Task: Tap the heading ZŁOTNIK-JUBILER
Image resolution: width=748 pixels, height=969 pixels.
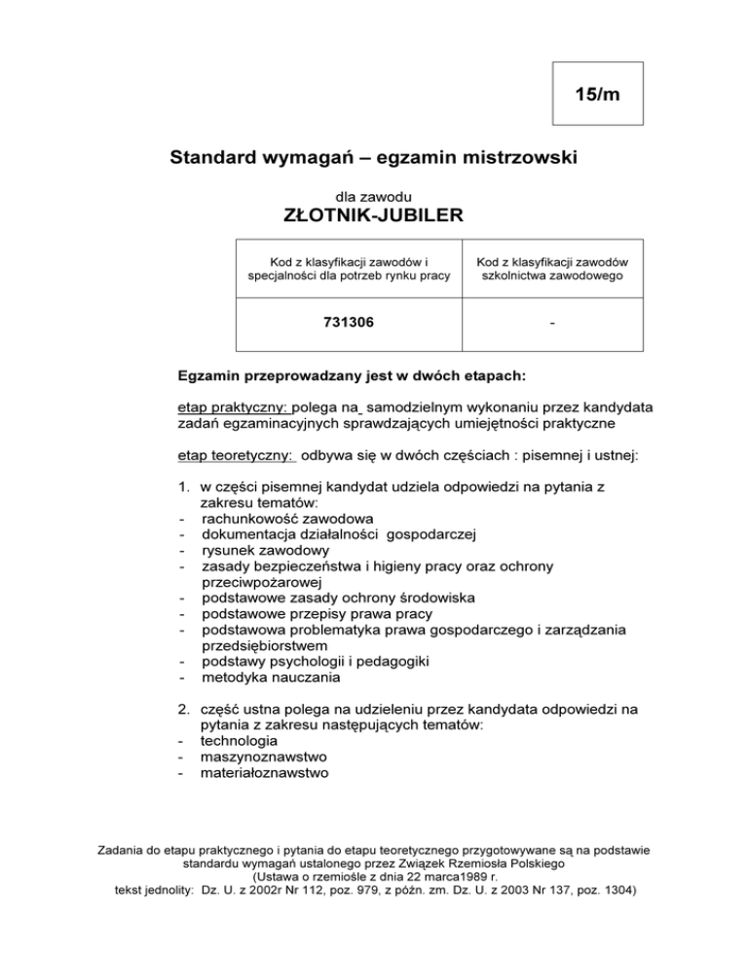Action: point(374,213)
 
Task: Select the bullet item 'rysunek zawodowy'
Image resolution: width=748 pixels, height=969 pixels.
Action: point(260,549)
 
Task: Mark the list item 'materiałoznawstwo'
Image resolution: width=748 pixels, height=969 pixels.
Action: point(264,773)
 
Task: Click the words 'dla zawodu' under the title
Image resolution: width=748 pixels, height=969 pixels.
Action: point(374,195)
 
